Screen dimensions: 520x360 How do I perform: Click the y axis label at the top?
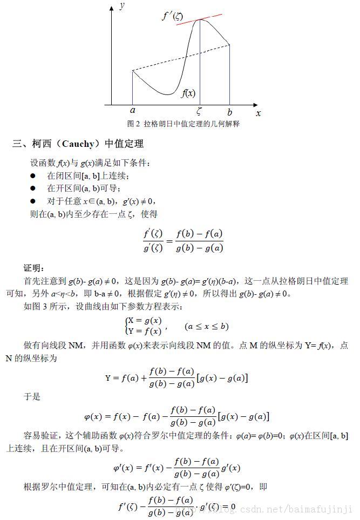[123, 6]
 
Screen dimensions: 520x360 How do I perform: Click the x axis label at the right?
[258, 113]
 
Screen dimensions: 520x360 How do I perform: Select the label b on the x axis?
[230, 112]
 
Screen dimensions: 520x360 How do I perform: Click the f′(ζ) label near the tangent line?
[173, 16]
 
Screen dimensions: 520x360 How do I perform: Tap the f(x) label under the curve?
[188, 93]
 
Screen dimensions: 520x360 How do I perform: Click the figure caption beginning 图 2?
[183, 124]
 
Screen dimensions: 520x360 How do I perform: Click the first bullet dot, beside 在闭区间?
[33, 175]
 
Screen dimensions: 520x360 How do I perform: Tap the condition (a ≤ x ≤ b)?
[206, 326]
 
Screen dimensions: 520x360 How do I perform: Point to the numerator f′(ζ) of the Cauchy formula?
[153, 234]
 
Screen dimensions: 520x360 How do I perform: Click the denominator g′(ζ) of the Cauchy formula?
[153, 248]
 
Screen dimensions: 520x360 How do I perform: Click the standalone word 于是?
[32, 396]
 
